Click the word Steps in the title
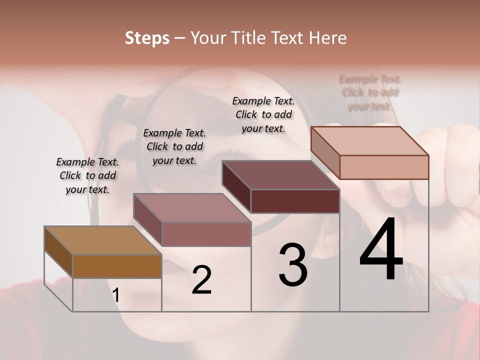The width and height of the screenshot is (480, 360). point(147,38)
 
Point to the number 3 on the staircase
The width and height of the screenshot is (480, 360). point(292,265)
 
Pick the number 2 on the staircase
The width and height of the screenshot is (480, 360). point(201,280)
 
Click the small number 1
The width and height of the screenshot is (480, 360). point(116,295)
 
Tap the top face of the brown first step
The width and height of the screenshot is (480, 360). point(103,240)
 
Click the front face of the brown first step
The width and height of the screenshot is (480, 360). point(117,266)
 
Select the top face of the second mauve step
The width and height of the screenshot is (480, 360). point(192,208)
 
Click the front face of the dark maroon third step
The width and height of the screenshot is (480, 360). point(295,201)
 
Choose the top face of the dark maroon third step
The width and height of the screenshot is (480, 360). point(280,175)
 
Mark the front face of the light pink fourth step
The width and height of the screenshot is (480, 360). point(384,167)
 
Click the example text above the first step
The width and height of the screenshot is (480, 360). point(87,175)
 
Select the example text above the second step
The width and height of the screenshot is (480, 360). point(174,146)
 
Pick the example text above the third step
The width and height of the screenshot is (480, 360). point(263,114)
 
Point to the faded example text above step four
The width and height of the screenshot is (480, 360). point(370,92)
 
